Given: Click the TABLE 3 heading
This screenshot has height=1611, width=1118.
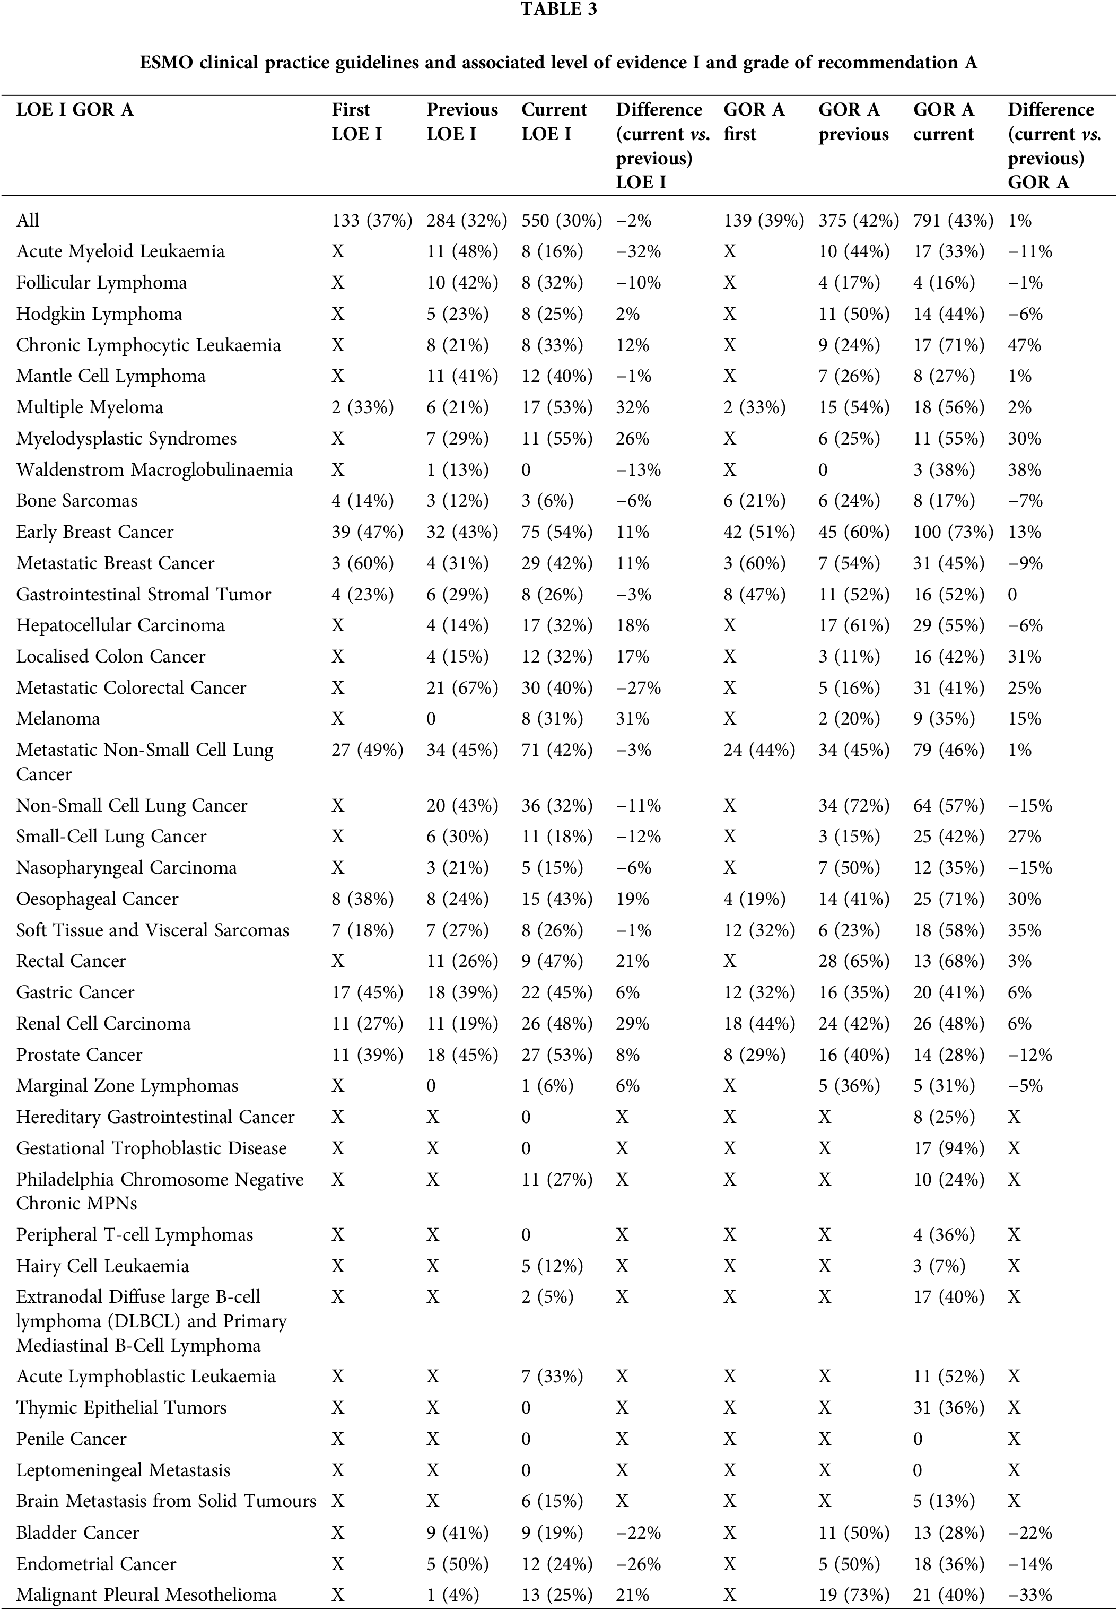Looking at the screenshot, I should click(558, 10).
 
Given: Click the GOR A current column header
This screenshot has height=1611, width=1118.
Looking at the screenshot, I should click(943, 122).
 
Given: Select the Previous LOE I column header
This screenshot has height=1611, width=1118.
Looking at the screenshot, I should click(461, 122).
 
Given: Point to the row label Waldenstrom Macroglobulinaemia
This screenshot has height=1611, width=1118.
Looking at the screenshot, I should click(154, 469).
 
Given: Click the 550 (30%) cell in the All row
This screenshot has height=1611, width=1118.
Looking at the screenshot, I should click(561, 221).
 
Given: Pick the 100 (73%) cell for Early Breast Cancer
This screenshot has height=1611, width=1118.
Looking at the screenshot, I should click(953, 532).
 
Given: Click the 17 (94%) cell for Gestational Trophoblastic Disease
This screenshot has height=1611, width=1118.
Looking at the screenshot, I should click(948, 1148).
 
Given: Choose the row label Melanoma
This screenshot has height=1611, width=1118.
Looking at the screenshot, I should click(58, 719).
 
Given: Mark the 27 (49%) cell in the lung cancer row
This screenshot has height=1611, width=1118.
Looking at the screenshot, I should click(367, 750).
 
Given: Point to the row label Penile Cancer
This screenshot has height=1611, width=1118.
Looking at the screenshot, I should click(72, 1439).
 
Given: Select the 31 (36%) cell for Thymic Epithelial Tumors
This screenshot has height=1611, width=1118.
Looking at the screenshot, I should click(948, 1408).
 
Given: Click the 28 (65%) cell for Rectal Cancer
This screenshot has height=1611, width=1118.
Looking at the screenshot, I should click(853, 961).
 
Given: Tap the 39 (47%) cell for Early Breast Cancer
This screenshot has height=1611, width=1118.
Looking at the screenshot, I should click(367, 532).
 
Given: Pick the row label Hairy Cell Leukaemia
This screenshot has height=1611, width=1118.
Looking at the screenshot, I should click(102, 1266).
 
